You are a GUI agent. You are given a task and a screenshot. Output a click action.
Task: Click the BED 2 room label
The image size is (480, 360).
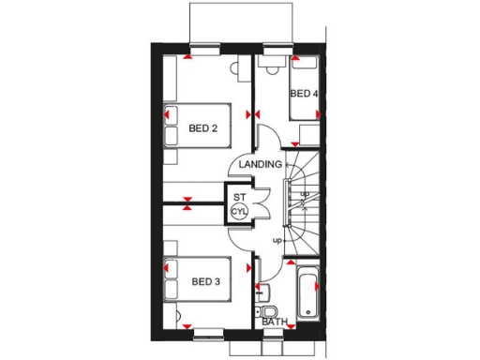tap(203, 128)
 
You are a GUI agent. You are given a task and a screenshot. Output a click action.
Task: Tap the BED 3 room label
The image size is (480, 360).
tap(205, 281)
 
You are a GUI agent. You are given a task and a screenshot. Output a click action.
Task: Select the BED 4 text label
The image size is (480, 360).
tap(304, 94)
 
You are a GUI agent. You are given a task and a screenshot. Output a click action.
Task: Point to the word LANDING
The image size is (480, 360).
tap(260, 165)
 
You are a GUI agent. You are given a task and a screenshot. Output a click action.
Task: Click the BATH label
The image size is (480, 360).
tap(275, 322)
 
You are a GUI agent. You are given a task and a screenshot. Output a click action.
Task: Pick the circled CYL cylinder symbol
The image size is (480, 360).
tap(239, 212)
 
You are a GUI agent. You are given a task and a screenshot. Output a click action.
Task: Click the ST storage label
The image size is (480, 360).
tap(239, 197)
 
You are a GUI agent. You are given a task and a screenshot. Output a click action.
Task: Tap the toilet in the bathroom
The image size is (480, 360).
tap(269, 311)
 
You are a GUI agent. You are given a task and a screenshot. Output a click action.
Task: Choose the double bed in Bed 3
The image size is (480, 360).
tap(197, 279)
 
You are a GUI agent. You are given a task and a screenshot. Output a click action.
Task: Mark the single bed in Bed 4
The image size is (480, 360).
tap(305, 90)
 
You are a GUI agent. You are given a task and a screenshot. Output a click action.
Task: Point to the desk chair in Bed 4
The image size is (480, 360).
tap(273, 67)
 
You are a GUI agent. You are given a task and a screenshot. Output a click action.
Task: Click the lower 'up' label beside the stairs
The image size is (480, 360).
tap(277, 241)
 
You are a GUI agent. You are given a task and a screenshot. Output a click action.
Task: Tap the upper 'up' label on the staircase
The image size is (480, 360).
tap(305, 194)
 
